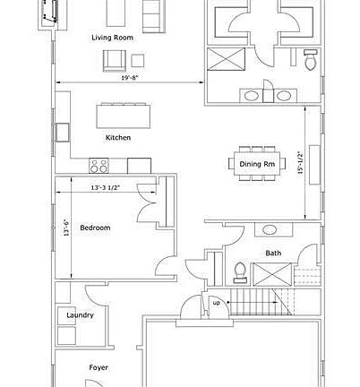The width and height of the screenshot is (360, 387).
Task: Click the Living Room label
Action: coord(111,39)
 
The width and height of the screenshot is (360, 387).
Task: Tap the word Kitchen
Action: coord(118,137)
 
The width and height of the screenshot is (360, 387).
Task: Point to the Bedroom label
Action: coord(95,228)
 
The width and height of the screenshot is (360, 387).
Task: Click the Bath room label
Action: coord(272,253)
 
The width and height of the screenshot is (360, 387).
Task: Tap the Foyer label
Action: coord(99,367)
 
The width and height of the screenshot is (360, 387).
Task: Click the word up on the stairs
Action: coord(215,302)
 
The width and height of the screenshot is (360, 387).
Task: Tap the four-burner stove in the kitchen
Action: coord(99,165)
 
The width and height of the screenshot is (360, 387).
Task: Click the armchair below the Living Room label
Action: coord(113,59)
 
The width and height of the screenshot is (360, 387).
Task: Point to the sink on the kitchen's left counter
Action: coord(62,133)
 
